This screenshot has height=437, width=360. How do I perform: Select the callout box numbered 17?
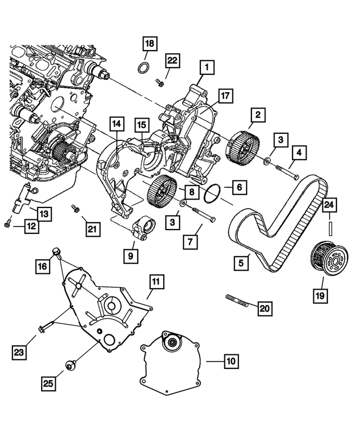[225, 96]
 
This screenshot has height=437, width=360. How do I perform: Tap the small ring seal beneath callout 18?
[144, 69]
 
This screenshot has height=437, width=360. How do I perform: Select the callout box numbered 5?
[242, 262]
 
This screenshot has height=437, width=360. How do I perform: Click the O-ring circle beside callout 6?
[211, 193]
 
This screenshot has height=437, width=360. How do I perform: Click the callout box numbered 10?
[231, 361]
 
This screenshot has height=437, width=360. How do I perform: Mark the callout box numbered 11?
[155, 280]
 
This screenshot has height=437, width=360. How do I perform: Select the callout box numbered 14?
[116, 124]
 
